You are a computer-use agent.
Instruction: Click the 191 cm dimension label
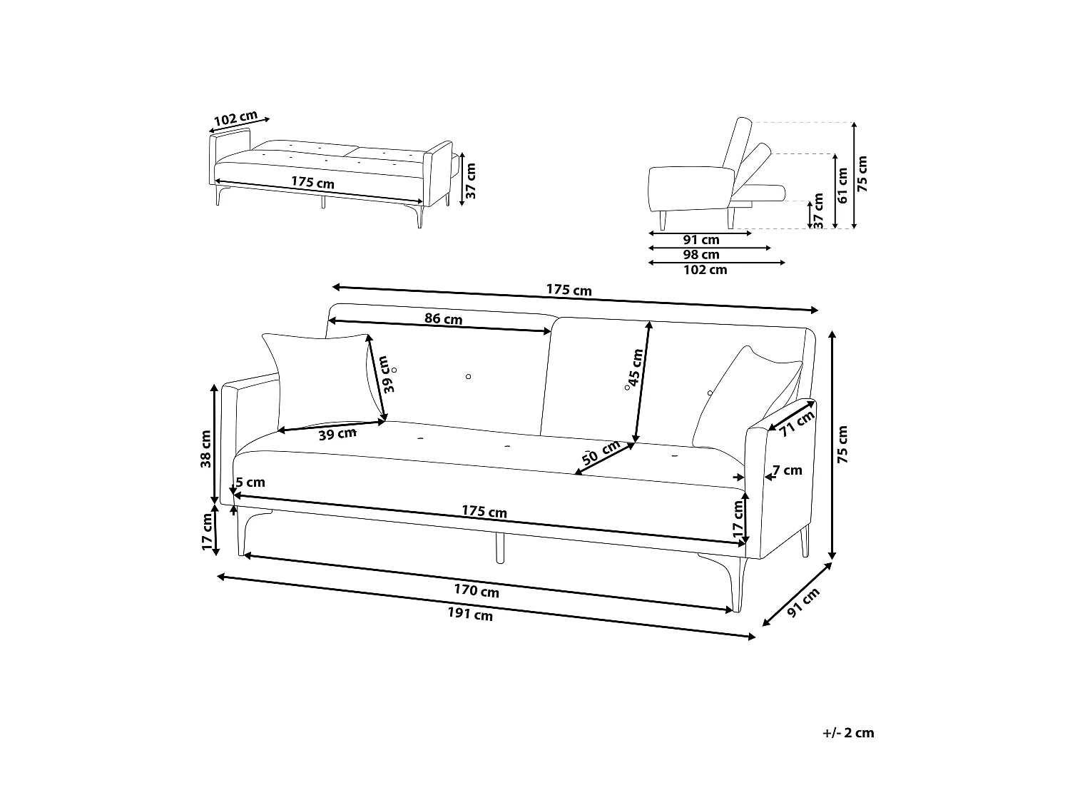[470, 614]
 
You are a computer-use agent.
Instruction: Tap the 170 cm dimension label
[477, 590]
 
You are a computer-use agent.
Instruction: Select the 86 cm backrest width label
[443, 318]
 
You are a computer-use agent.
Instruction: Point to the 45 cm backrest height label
[635, 365]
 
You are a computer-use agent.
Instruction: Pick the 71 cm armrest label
[797, 424]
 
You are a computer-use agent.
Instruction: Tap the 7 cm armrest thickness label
[788, 470]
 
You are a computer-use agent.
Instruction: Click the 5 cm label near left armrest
[250, 483]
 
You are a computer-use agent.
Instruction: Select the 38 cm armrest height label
[206, 448]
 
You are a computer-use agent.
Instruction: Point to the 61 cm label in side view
[842, 186]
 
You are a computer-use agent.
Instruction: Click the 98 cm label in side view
[701, 255]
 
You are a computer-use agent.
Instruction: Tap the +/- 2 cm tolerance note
[847, 733]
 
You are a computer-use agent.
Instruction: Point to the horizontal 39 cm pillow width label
[337, 434]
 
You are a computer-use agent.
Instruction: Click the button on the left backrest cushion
[469, 376]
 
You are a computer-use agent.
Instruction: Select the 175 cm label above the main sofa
[569, 291]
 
